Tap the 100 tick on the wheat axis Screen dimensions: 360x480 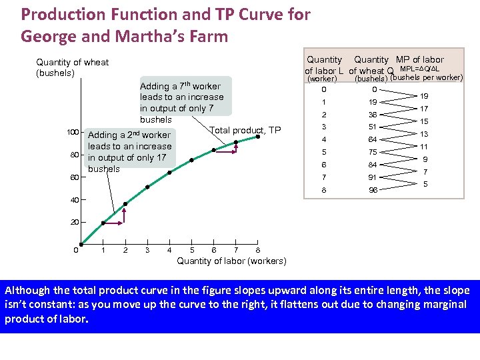(73, 133)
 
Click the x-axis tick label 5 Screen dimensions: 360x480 (192, 251)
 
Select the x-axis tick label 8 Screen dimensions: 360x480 (257, 251)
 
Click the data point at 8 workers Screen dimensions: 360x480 (258, 137)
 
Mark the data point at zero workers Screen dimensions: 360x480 (81, 244)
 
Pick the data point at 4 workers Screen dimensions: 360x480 (169, 173)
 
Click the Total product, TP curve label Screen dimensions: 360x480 (245, 130)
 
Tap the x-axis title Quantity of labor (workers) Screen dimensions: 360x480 (231, 261)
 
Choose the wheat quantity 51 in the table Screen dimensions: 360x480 (373, 127)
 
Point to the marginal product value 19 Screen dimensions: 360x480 (424, 96)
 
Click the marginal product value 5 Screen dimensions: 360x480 (424, 183)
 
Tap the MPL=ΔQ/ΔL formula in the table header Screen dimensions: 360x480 (419, 69)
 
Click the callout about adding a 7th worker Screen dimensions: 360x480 (183, 102)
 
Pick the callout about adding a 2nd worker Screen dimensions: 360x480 (130, 151)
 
